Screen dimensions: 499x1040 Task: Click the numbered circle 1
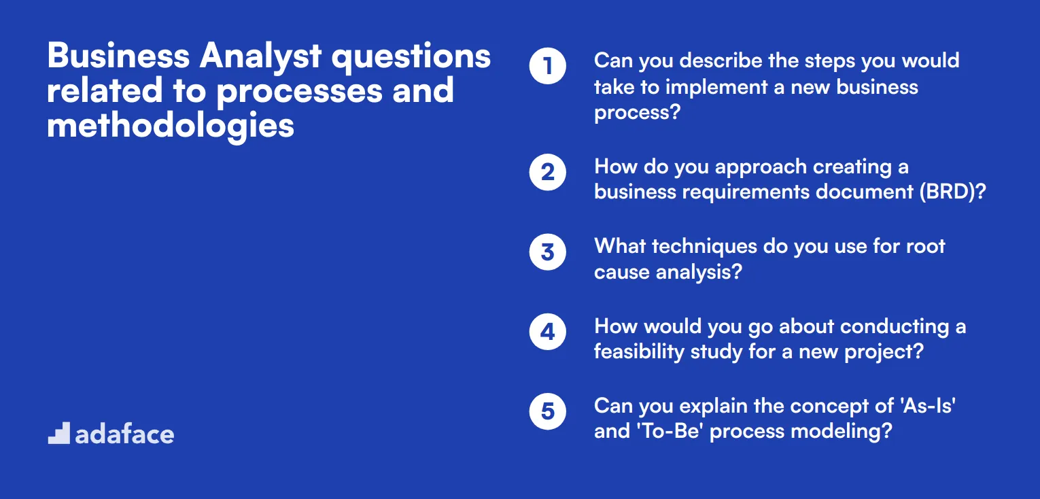[547, 67]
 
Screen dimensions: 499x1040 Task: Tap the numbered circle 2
[547, 173]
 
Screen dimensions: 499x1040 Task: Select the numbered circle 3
[547, 252]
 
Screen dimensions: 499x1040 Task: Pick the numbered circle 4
[547, 332]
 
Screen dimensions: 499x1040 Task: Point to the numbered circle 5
[547, 411]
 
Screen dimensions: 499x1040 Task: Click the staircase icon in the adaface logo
[58, 433]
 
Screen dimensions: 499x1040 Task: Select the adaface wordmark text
[124, 434]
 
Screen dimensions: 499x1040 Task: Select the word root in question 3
[925, 246]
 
